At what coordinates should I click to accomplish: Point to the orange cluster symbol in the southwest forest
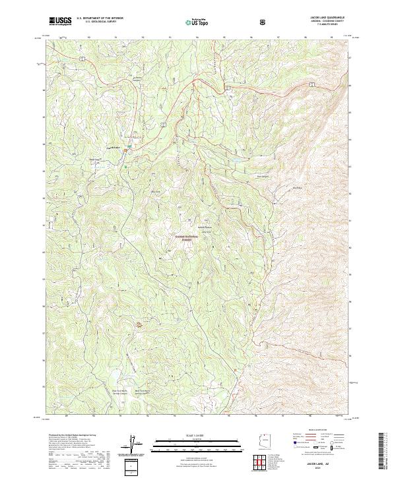click(139, 324)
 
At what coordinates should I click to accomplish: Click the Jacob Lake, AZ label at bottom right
click(323, 463)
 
